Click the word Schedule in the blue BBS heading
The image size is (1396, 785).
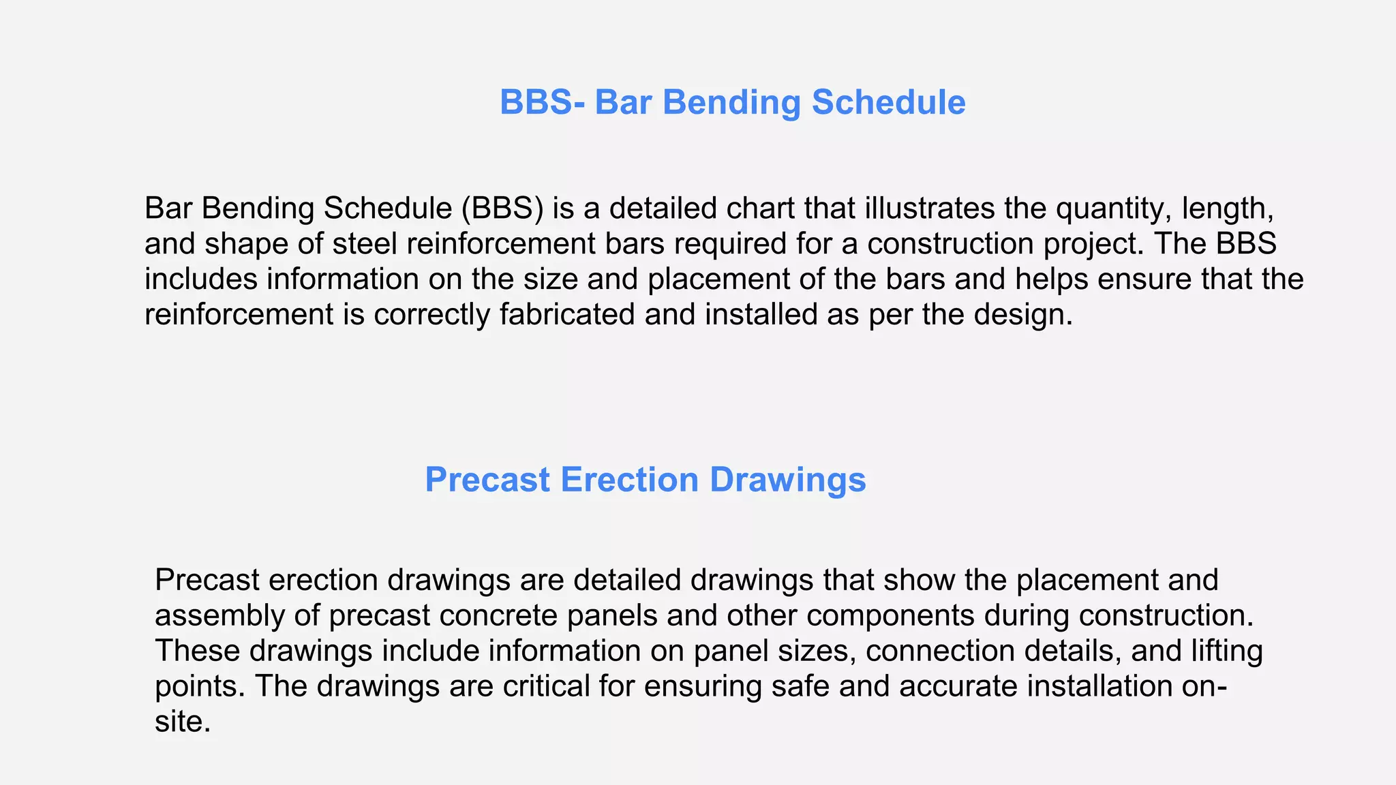click(888, 102)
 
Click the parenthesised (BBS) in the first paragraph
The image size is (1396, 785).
click(502, 208)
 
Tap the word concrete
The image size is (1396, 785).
click(498, 615)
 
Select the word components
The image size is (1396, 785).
click(890, 615)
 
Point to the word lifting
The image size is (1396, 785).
click(1227, 651)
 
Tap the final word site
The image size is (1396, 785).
click(182, 722)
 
